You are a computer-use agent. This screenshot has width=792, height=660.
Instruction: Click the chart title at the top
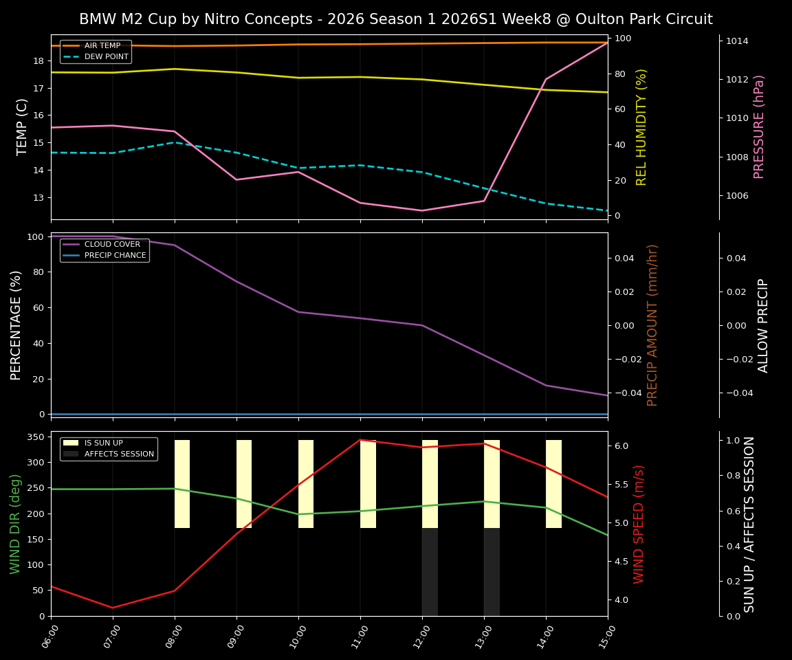click(396, 19)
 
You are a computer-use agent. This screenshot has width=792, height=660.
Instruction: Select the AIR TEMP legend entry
click(102, 45)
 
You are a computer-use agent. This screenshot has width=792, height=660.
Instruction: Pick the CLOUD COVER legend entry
click(111, 244)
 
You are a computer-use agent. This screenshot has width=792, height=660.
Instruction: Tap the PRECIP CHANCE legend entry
click(115, 255)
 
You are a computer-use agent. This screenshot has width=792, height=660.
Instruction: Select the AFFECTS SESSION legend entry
click(119, 454)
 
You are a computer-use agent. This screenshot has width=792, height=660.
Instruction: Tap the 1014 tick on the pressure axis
click(737, 41)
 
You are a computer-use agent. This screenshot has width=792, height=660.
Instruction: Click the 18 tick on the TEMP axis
click(38, 60)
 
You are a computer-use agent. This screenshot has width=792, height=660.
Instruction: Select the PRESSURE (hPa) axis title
click(759, 126)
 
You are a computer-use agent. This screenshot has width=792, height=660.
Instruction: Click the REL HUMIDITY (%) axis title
click(641, 126)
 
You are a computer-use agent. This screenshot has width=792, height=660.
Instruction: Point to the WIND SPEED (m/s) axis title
click(639, 524)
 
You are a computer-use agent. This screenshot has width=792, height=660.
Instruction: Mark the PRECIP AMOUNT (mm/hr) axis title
click(652, 324)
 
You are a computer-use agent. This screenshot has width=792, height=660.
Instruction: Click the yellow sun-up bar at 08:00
click(182, 484)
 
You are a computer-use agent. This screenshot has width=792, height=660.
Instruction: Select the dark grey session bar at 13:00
click(492, 572)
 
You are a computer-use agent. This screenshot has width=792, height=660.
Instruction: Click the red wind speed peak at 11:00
click(360, 440)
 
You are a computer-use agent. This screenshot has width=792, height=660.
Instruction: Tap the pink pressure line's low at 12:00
click(422, 210)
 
